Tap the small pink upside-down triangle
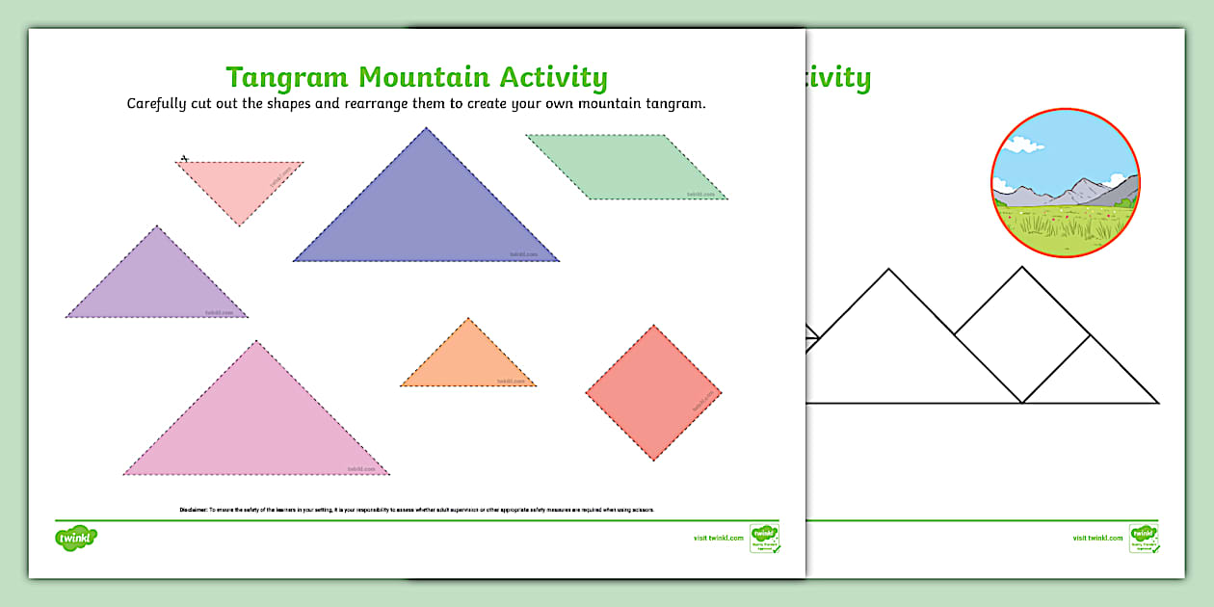[240, 184]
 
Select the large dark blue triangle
[427, 217]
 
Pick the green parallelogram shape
[627, 167]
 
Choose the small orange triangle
[468, 360]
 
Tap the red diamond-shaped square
[653, 392]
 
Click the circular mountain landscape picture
[1066, 183]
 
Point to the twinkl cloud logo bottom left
[77, 536]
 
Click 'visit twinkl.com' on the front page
[718, 538]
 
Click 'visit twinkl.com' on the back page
[1097, 538]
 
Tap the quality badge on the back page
[1144, 538]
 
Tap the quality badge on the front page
[764, 538]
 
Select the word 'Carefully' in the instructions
[162, 103]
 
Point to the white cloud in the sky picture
[1022, 145]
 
